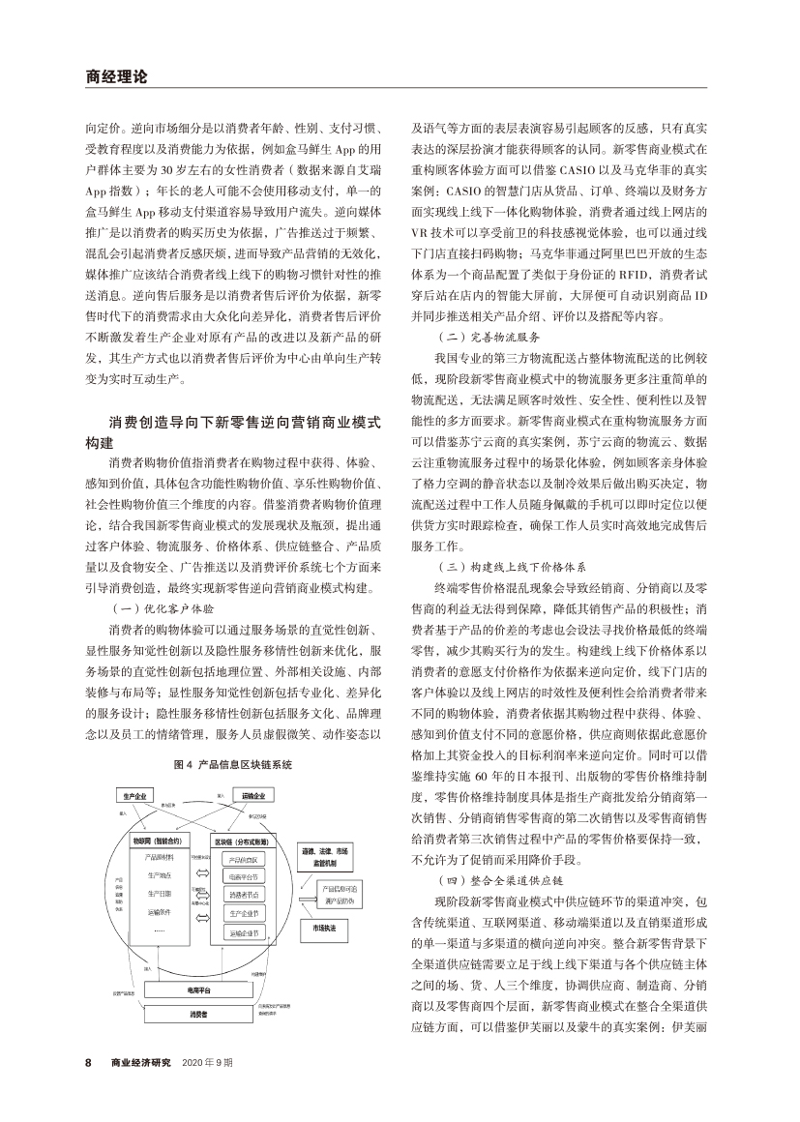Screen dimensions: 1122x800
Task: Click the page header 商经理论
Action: click(114, 75)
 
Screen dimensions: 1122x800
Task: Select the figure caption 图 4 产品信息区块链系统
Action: click(232, 764)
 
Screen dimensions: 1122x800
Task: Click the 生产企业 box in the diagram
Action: click(135, 795)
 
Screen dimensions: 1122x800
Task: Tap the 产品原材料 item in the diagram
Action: click(160, 857)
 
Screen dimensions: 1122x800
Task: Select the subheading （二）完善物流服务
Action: click(480, 337)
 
